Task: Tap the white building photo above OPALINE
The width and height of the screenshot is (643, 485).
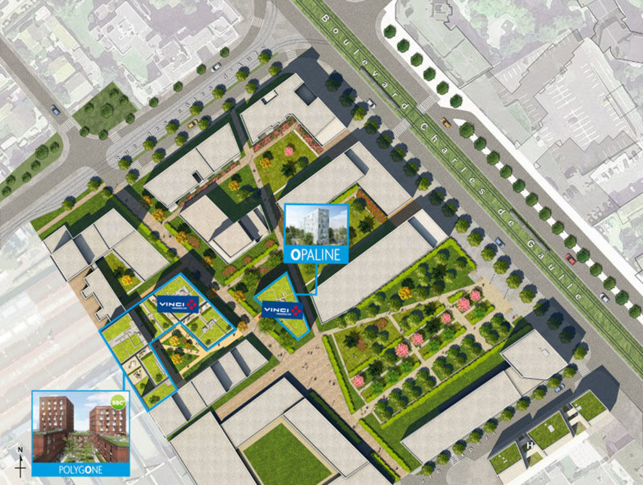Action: [x=316, y=225]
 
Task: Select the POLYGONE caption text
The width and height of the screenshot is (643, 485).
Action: [x=80, y=470]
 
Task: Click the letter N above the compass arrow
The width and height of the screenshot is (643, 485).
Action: [x=21, y=450]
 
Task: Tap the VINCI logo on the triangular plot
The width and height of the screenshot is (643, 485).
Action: [x=282, y=311]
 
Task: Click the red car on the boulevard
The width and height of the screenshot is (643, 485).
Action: [x=570, y=259]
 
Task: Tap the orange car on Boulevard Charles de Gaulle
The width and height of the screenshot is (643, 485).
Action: [x=445, y=122]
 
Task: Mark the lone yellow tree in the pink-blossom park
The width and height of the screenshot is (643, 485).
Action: [x=405, y=293]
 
